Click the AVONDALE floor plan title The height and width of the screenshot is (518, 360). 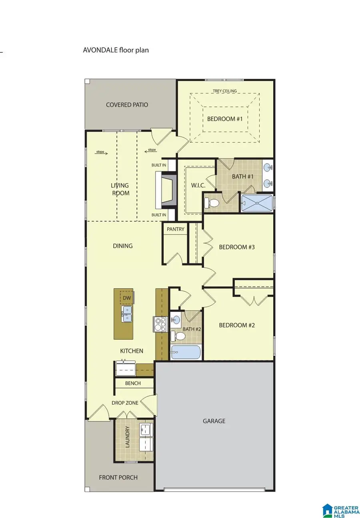click(x=116, y=50)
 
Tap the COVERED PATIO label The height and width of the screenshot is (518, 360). click(x=127, y=105)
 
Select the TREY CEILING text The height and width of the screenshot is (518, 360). click(x=224, y=91)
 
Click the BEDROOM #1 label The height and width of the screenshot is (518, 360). click(x=225, y=119)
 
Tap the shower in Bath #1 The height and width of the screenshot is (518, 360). click(x=257, y=203)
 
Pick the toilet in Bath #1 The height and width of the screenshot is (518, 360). click(x=212, y=203)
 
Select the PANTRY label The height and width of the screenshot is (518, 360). click(x=176, y=229)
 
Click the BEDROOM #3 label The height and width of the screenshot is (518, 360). click(x=237, y=247)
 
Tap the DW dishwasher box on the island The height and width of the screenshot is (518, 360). click(x=127, y=298)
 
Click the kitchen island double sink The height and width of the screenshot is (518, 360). click(x=127, y=314)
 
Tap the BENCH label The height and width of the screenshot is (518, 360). click(x=133, y=383)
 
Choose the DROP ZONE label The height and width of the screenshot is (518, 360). click(x=125, y=403)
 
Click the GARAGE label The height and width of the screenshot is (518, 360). click(x=214, y=421)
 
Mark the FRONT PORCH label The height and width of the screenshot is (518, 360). click(x=118, y=477)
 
